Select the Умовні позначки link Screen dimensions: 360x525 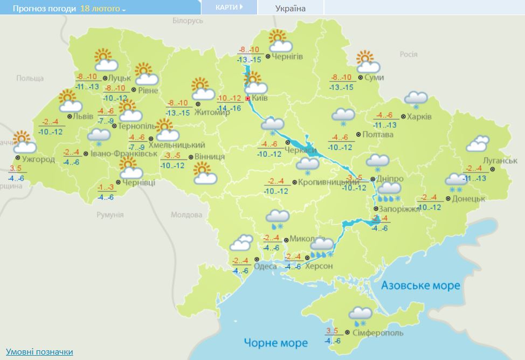[39, 351]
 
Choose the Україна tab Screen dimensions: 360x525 [290, 8]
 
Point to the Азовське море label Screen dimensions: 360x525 [420, 285]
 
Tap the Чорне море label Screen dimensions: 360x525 [275, 343]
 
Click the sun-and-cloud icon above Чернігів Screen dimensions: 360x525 [280, 41]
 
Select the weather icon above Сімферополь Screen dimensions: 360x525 [360, 316]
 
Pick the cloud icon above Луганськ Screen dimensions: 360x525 [478, 144]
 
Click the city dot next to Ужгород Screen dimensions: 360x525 [18, 158]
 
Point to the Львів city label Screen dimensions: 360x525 [83, 116]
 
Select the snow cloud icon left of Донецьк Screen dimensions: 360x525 [456, 182]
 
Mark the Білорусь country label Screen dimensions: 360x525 [188, 20]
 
